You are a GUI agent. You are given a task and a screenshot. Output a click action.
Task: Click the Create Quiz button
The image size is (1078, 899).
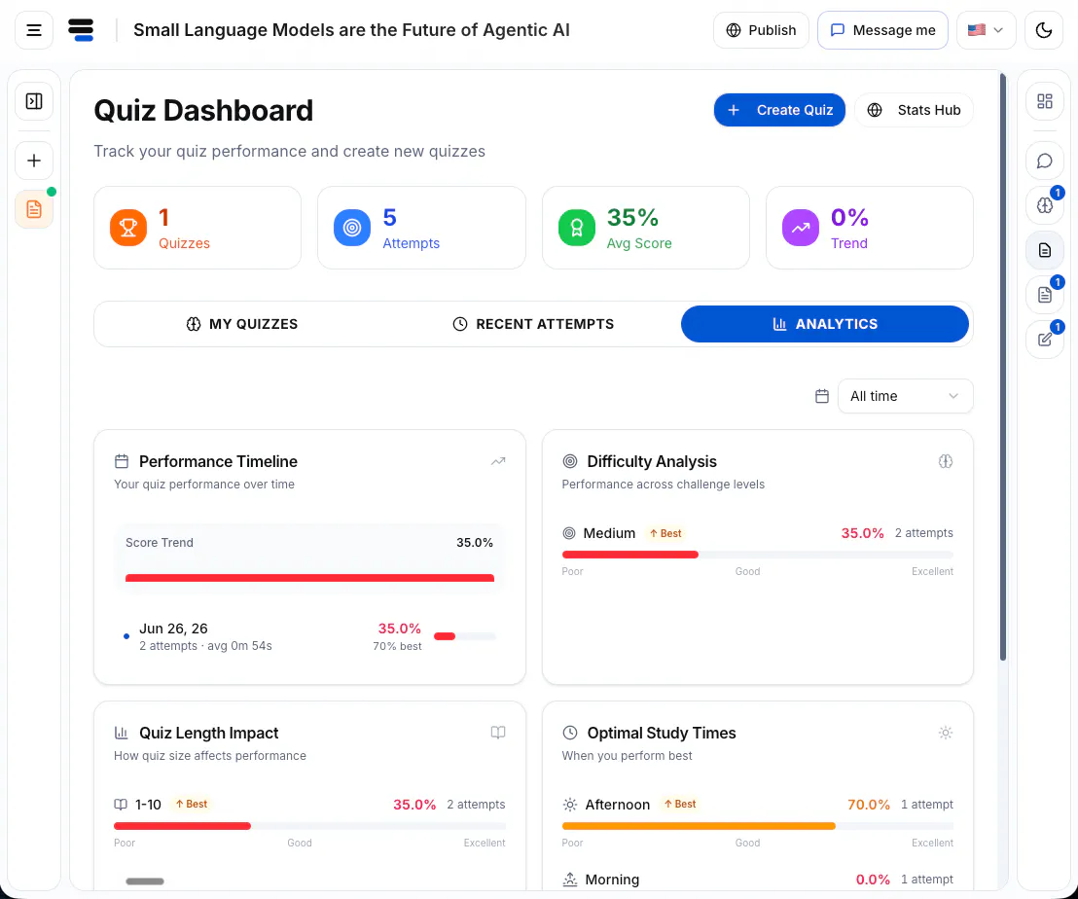tap(779, 110)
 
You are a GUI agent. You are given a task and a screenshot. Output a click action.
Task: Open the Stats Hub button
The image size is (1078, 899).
tap(914, 110)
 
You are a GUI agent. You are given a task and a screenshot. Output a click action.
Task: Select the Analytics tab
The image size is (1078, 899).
tap(825, 324)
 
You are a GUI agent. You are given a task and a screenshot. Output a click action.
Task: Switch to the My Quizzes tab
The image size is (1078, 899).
tap(242, 324)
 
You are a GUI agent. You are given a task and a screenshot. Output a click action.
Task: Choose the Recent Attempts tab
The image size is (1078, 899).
tap(533, 324)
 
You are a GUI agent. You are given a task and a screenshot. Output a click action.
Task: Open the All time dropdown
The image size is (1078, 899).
tap(905, 396)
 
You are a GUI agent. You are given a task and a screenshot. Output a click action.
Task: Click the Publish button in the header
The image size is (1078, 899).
tap(761, 30)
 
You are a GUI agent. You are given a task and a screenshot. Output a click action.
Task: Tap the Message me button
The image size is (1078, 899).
tap(882, 30)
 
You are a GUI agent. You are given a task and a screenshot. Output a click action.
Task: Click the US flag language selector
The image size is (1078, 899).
tap(986, 30)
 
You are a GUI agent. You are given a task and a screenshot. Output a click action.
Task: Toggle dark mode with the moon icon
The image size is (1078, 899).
tap(1044, 30)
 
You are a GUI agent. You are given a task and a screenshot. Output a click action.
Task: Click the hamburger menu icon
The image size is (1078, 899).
tap(34, 30)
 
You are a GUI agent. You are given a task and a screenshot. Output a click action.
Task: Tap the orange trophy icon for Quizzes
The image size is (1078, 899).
tap(128, 228)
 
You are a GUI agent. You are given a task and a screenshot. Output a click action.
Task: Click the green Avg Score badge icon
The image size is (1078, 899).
tap(577, 228)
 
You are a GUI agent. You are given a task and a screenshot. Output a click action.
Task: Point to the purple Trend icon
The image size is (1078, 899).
tap(801, 228)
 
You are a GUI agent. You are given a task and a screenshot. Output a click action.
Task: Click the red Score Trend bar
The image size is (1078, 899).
tap(309, 578)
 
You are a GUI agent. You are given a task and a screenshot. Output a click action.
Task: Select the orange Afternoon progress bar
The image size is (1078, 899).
tap(699, 826)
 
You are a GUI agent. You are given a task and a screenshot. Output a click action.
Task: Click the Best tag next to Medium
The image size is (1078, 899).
tap(665, 533)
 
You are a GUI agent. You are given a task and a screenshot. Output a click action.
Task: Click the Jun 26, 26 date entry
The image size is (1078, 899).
tap(173, 629)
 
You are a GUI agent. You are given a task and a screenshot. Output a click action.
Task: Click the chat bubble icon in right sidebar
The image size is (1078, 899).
tap(1044, 161)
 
